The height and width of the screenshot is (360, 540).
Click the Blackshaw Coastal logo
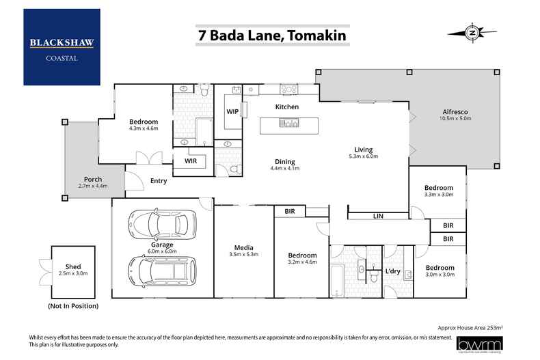pos(62,47)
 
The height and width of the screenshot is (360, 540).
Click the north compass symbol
pos(471,31)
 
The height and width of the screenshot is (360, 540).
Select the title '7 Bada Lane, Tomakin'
pos(271,35)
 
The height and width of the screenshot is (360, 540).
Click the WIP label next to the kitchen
pos(232,111)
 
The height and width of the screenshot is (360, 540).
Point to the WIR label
pos(191,161)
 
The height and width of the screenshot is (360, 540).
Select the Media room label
pos(243,247)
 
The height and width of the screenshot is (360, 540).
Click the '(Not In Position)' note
pos(72,306)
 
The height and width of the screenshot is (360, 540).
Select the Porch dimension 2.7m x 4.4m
pos(93,186)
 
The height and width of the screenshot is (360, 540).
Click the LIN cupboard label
pos(378,216)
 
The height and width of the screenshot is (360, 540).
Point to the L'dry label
pos(392,271)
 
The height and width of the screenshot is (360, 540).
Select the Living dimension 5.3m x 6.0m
pos(362,156)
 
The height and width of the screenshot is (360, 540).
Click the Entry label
pos(158,180)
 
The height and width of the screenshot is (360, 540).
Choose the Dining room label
pos(285,161)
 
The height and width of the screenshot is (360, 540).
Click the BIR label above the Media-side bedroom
pos(289,212)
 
